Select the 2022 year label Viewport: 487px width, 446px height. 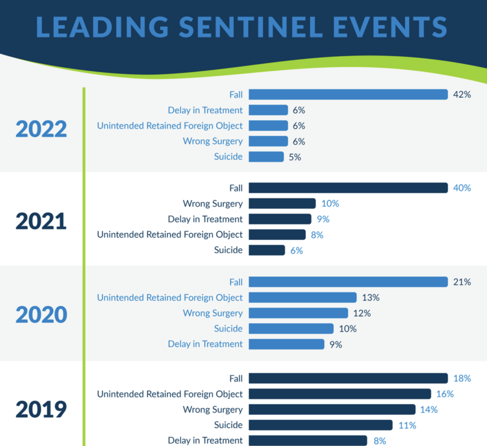(41, 128)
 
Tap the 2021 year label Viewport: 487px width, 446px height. (41, 221)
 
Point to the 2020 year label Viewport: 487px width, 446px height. (41, 315)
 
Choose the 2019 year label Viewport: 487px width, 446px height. (41, 409)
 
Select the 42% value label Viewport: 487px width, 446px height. (462, 95)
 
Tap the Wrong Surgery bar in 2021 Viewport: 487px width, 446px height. (282, 203)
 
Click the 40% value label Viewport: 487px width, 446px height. (462, 188)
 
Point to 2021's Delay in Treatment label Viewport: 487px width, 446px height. (205, 219)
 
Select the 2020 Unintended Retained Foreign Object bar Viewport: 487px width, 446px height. (302, 297)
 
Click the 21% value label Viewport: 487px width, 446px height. (462, 282)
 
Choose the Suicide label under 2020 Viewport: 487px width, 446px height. (228, 328)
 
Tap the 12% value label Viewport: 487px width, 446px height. (361, 313)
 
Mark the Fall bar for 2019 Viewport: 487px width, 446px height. (348, 378)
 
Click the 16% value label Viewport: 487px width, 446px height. (444, 394)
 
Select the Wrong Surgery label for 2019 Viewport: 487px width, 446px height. (213, 409)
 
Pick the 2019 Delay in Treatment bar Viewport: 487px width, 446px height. (308, 440)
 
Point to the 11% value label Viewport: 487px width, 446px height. (407, 425)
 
